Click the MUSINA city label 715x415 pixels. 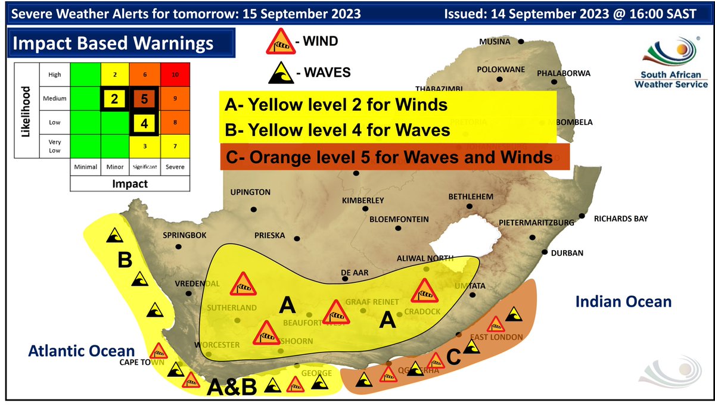496,41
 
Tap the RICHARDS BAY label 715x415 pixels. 620,219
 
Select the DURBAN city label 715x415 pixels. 567,253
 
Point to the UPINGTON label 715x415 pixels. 251,192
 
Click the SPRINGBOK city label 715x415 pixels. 184,235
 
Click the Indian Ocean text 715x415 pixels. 623,302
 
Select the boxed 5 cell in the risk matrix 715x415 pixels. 144,98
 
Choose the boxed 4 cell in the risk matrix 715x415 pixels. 144,124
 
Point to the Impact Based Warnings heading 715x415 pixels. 113,43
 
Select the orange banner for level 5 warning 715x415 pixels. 394,158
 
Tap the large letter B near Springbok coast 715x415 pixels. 125,260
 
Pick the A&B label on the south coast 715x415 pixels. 232,388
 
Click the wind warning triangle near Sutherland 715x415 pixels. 243,284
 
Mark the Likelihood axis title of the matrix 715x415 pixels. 26,111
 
